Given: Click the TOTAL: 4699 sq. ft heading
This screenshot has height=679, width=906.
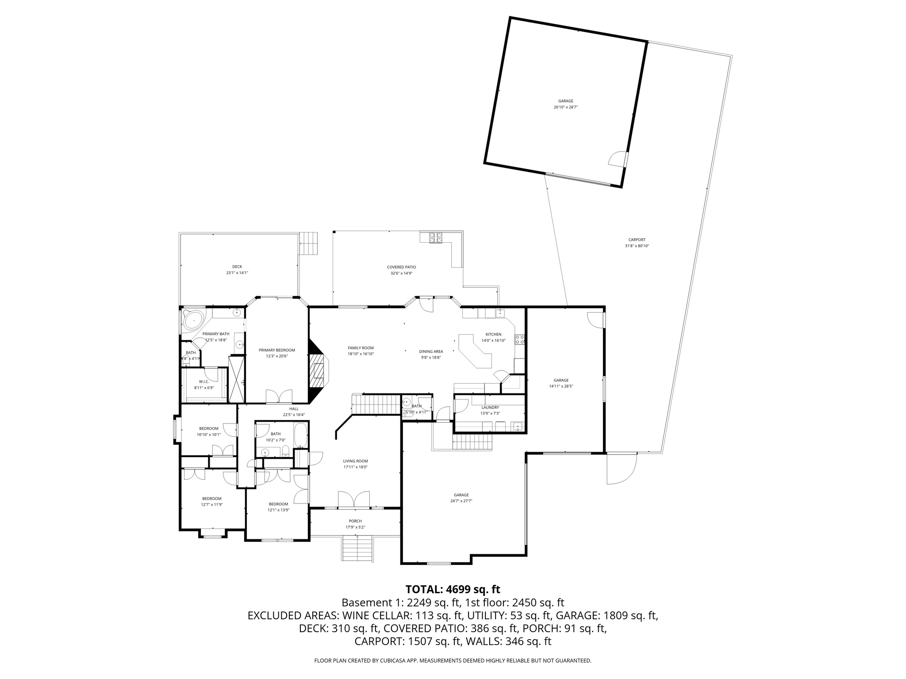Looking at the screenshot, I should click(x=453, y=589).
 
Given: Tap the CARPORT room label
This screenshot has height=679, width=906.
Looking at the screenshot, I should click(x=637, y=240).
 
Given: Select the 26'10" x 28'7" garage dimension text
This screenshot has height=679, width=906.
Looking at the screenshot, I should click(x=565, y=107).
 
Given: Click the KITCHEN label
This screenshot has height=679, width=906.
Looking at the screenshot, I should click(x=493, y=334).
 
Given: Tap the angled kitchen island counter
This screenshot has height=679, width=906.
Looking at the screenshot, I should click(x=476, y=351).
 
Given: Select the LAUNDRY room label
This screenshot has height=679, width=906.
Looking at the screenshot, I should click(x=490, y=408).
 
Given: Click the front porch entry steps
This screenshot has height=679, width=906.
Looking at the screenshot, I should click(x=357, y=548).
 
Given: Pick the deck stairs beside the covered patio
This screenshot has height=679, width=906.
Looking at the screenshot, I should click(x=309, y=243).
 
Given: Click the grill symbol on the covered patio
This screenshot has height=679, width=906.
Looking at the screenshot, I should click(x=435, y=237).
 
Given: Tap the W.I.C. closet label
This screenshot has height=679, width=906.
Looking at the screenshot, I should click(x=203, y=381).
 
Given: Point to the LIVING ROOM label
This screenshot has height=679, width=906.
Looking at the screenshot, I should click(x=355, y=461).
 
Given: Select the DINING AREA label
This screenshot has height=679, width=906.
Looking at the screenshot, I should click(x=431, y=351).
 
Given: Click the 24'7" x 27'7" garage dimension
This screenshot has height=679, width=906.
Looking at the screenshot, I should click(x=461, y=501).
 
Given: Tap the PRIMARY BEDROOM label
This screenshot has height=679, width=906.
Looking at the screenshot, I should click(x=276, y=350).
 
